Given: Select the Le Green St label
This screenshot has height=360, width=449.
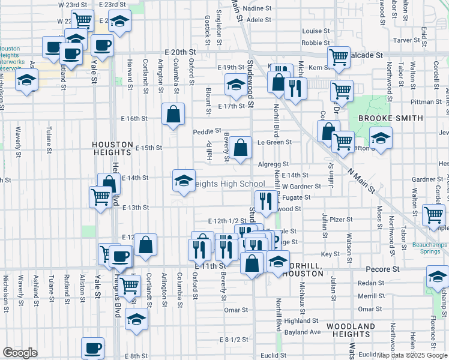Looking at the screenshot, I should point(274,142).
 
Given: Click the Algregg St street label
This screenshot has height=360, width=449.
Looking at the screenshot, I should point(273,164).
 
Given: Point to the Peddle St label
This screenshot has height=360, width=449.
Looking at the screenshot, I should point(207,130).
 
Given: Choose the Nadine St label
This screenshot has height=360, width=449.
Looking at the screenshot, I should point(259,8).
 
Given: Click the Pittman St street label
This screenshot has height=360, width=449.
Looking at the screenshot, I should point(426,102).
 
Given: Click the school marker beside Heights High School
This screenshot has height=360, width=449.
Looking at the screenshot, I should point(184,180).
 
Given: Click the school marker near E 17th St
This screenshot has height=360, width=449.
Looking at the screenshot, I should point(237,88).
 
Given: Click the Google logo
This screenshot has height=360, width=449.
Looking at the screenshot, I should point(20,353).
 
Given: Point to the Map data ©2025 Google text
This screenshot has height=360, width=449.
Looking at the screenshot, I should point(412,355).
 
